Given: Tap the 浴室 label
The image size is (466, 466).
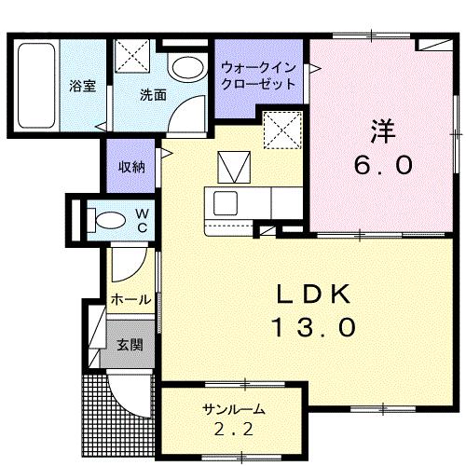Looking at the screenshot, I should tap(83, 86).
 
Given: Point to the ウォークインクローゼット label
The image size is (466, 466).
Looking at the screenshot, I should tap(258, 75).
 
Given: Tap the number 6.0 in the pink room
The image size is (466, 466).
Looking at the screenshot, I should tap(382, 166).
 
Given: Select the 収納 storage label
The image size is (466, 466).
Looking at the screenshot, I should tap(131, 167).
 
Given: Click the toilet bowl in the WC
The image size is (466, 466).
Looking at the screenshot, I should tap(109, 221).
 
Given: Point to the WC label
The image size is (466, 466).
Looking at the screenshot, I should tap(144, 221).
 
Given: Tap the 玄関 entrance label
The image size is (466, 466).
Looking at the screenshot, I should tap(129, 344).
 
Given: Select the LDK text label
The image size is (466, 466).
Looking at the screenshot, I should tap(313, 295).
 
